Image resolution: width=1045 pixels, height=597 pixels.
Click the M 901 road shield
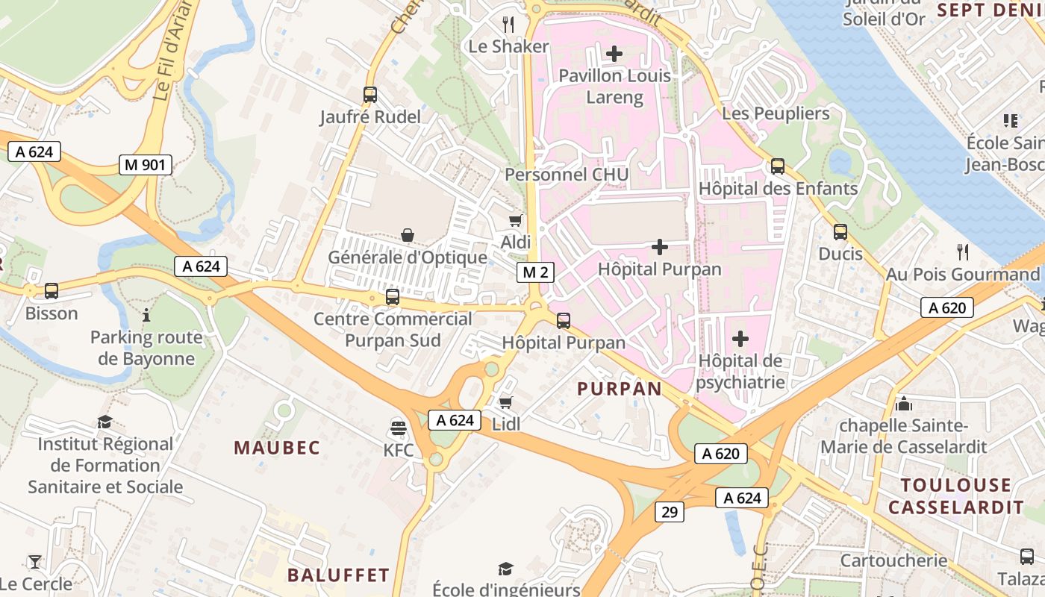pos(146,165)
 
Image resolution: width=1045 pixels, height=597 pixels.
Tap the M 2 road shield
pos(535,272)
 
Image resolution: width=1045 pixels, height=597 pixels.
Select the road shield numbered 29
pos(670,512)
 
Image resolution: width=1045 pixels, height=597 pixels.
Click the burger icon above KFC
pos(399,428)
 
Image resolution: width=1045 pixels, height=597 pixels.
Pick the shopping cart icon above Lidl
pos(506,403)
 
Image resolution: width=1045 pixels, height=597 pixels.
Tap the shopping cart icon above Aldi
pos(515,220)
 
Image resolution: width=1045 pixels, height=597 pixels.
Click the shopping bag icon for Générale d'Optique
pos(408,236)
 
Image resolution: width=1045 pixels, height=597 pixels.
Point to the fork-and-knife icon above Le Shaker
pos(508,24)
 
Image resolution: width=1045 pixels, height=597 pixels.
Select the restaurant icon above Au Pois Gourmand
pos(963,251)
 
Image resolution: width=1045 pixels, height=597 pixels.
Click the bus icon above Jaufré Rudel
pos(370,95)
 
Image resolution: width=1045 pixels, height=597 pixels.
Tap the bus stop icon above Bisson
pos(52,291)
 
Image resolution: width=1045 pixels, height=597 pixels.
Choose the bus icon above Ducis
pos(840,232)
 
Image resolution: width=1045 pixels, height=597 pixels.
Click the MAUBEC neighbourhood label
pos(277,448)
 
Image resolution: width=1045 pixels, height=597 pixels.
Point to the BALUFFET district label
pos(338,575)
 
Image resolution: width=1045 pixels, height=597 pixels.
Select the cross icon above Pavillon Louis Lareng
pos(614,54)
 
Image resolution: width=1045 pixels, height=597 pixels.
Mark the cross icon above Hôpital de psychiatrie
pos(740,339)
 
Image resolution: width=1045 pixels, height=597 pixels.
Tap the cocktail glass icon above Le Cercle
pos(35,562)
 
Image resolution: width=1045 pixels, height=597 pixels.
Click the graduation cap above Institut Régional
pos(104,422)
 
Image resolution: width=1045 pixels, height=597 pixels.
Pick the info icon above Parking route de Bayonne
pos(146,316)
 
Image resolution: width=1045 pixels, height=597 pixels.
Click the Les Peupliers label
pos(776,113)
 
